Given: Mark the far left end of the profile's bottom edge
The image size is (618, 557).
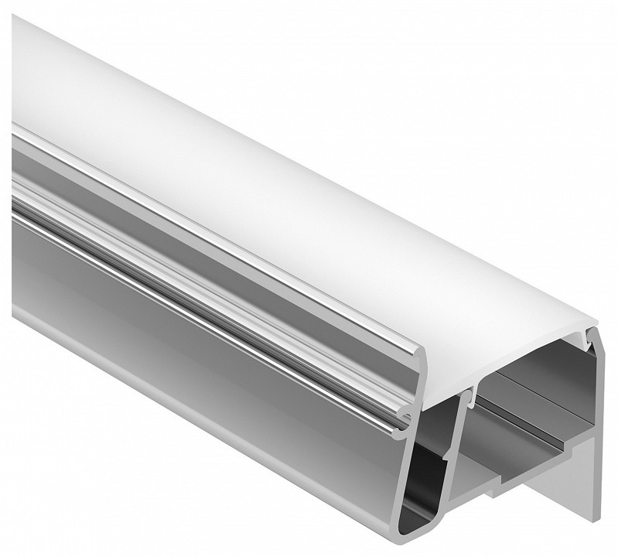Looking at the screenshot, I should pos(15,309).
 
